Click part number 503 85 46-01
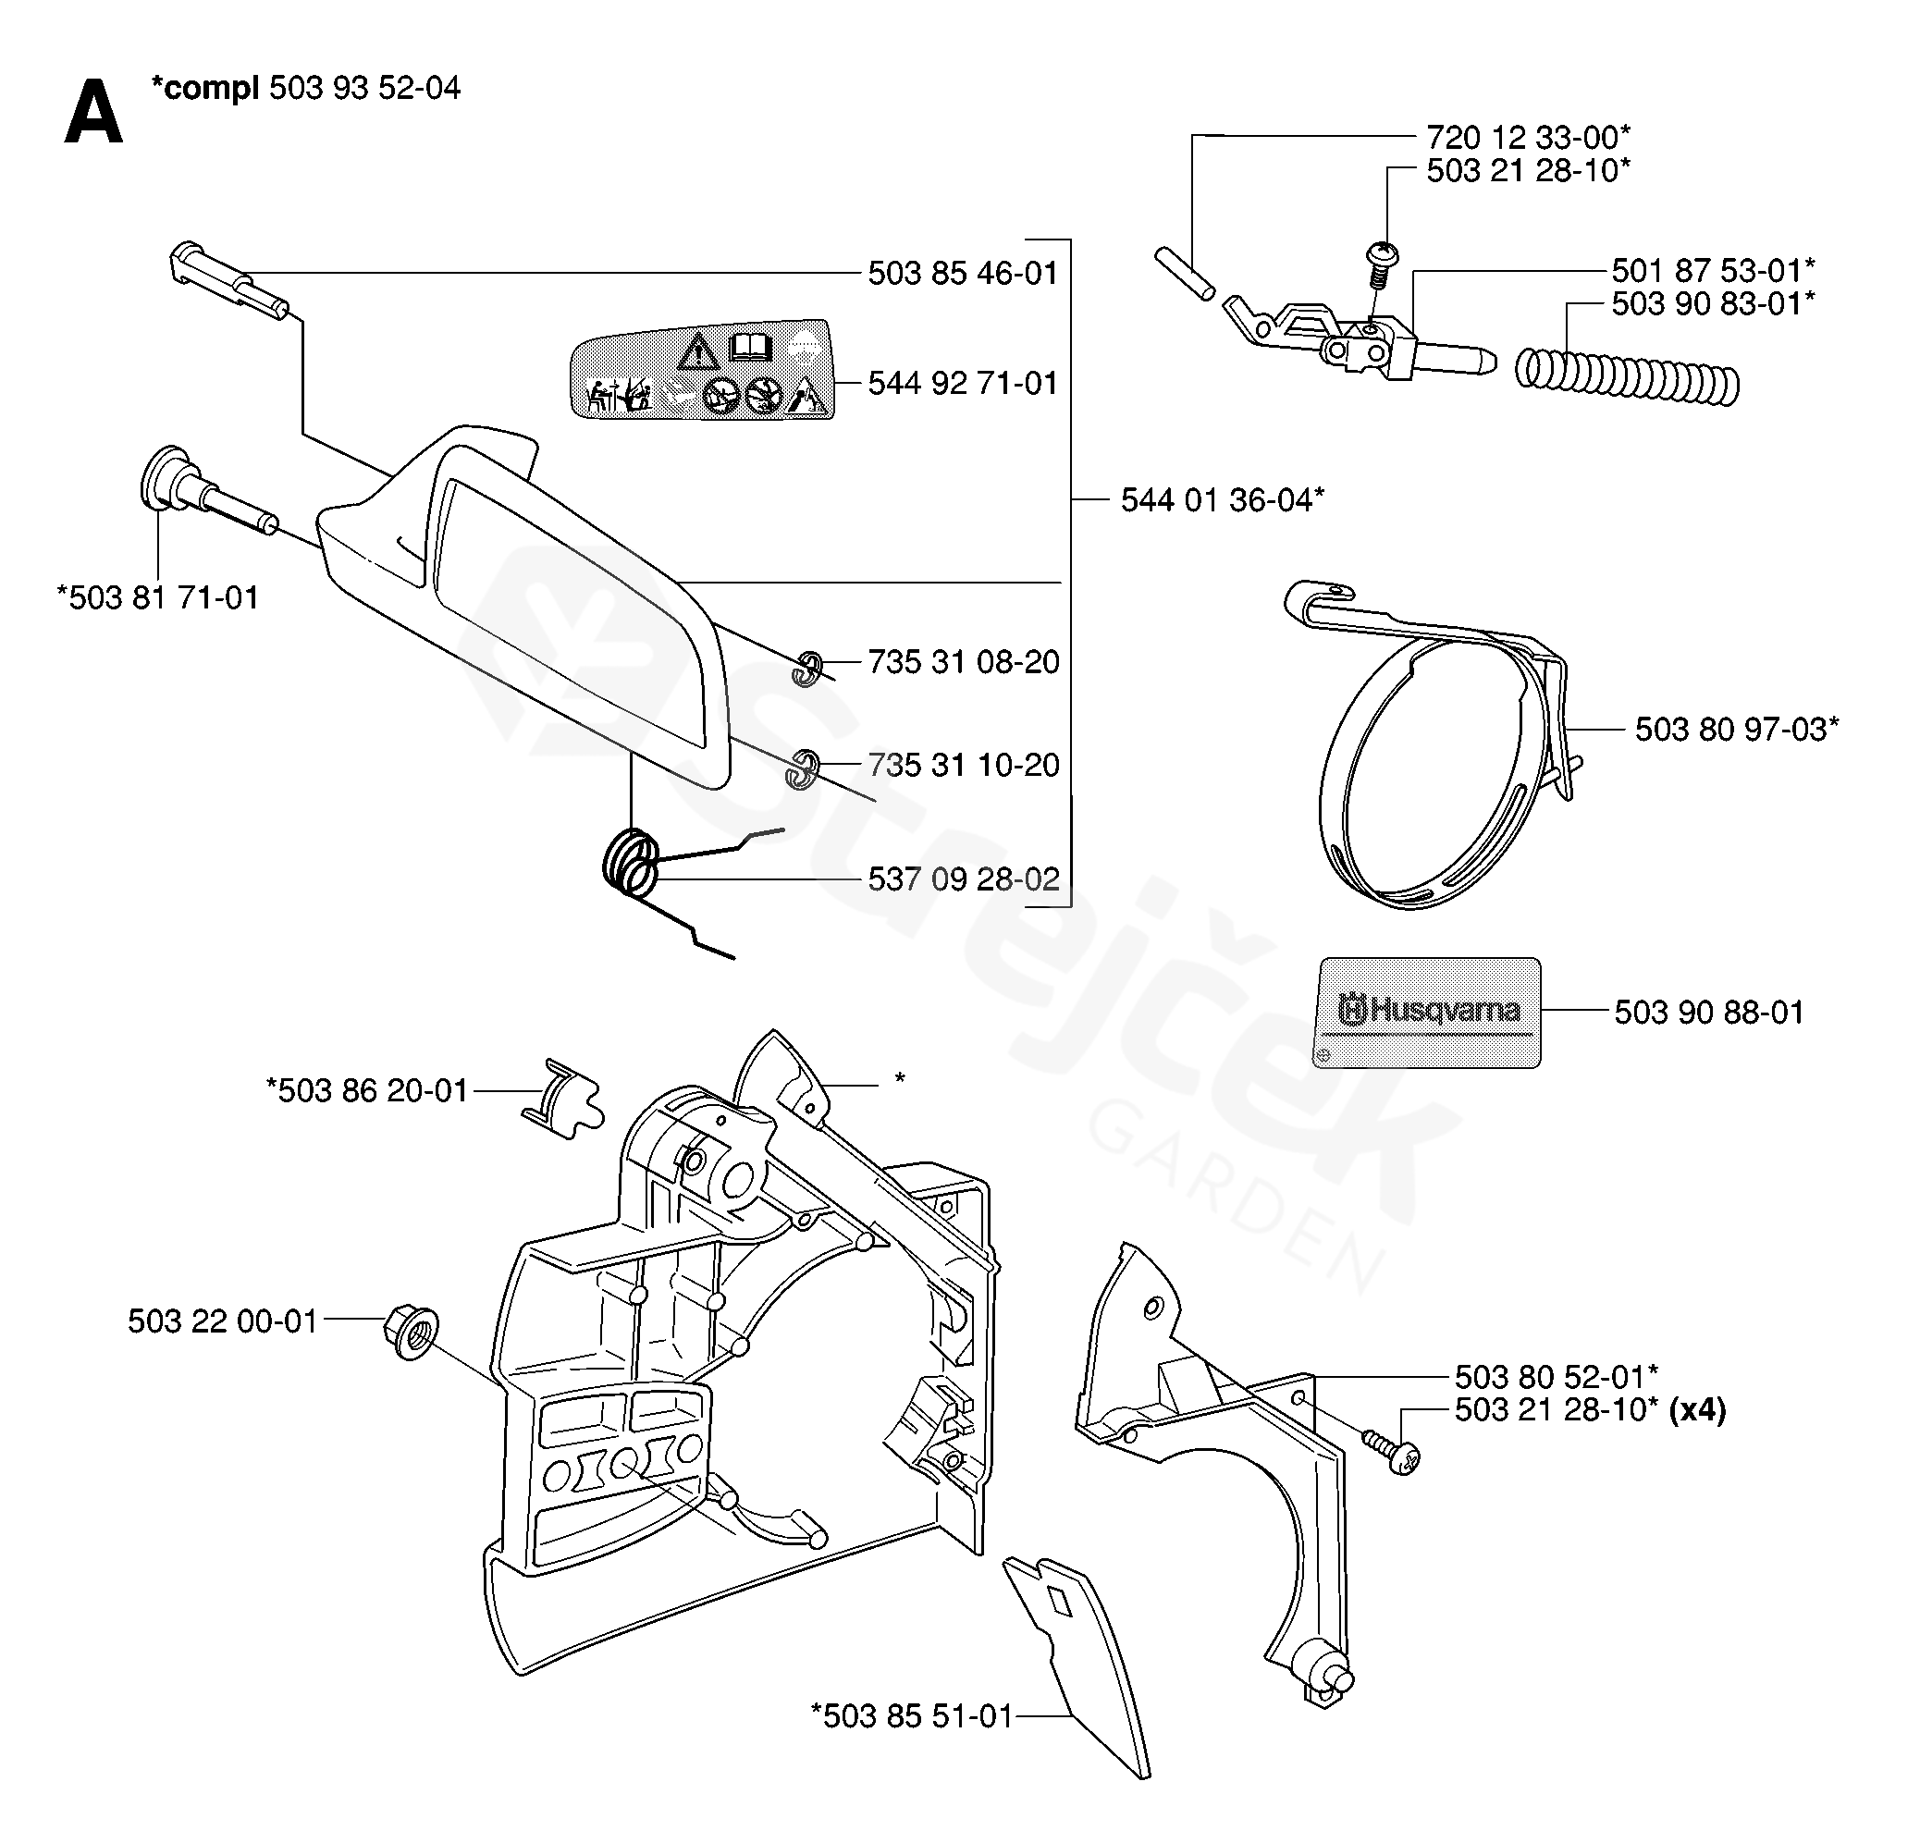pyautogui.click(x=962, y=273)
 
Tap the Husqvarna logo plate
pyautogui.click(x=1426, y=1013)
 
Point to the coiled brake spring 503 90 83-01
pyautogui.click(x=1627, y=376)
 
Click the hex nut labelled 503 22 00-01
pyautogui.click(x=412, y=1333)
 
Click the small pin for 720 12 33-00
pyautogui.click(x=1186, y=276)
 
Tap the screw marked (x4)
pyautogui.click(x=1394, y=1449)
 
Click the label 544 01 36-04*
pyautogui.click(x=1222, y=500)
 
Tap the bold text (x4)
pyautogui.click(x=1698, y=1410)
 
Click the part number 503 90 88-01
pyautogui.click(x=1708, y=1013)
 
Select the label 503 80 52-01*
pyautogui.click(x=1556, y=1377)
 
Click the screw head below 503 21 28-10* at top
pyautogui.click(x=1383, y=255)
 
